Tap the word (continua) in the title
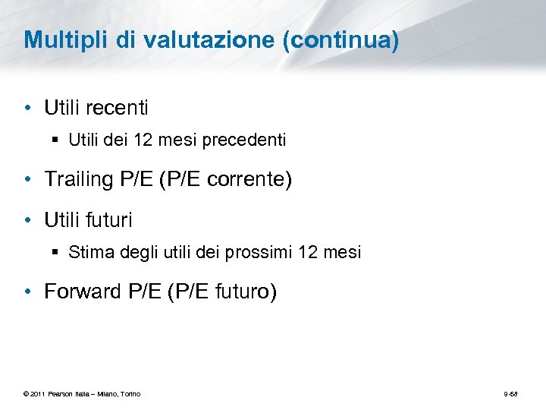coord(340,41)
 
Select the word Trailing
coord(78,180)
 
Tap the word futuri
coord(109,220)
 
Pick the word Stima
coord(87,252)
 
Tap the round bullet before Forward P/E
coord(27,292)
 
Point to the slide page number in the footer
coord(510,393)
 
